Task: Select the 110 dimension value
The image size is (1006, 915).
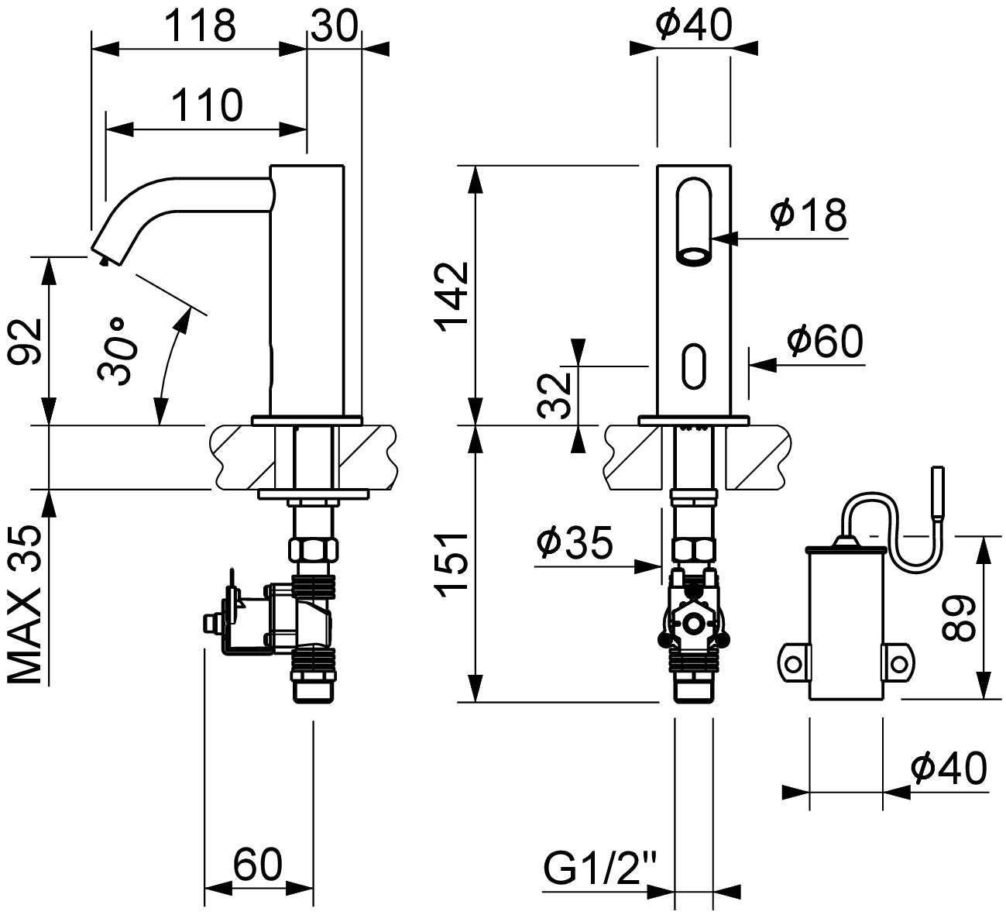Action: [206, 105]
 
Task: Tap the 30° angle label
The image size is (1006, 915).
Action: [118, 350]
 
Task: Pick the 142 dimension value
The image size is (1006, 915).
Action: [451, 297]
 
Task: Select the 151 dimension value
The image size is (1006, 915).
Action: [451, 564]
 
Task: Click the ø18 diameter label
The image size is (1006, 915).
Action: [808, 214]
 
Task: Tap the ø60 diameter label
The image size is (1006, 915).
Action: [823, 341]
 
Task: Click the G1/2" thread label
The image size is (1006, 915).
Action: [599, 869]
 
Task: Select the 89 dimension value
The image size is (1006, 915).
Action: [960, 617]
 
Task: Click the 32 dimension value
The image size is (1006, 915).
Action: [555, 395]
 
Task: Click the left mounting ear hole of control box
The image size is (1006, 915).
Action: [791, 664]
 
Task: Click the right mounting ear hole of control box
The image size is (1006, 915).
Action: [898, 664]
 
